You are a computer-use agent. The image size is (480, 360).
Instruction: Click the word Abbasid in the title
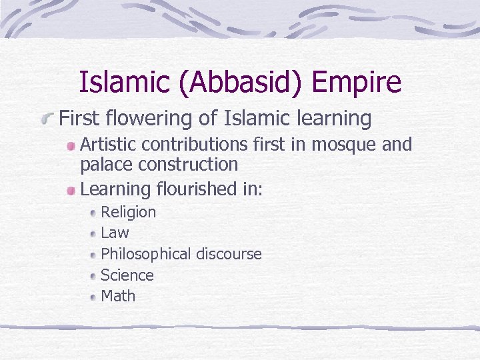coord(237,83)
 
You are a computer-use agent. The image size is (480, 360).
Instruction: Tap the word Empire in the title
coord(356,83)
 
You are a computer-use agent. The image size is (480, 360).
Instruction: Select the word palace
coord(103,164)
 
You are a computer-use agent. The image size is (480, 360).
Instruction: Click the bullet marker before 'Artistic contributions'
coord(71,145)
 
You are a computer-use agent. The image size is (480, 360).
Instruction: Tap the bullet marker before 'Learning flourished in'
coord(71,191)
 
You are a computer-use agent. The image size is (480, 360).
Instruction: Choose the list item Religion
coord(128,213)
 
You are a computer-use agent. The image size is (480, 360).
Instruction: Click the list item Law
coord(115,233)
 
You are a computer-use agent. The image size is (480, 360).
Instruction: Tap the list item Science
coord(127,275)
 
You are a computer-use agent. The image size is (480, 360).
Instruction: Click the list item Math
coord(118,296)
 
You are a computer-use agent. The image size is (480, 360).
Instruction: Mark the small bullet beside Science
coord(93,276)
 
